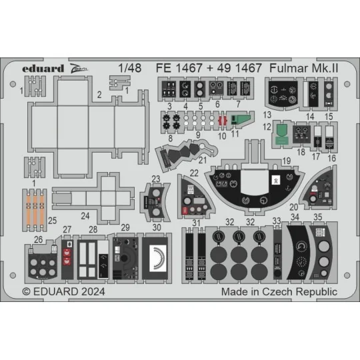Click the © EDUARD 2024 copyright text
click(63, 291)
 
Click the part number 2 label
click(98, 96)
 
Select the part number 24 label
click(85, 216)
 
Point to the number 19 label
click(287, 161)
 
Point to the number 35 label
click(318, 216)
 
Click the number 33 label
click(277, 221)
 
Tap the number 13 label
click(267, 115)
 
